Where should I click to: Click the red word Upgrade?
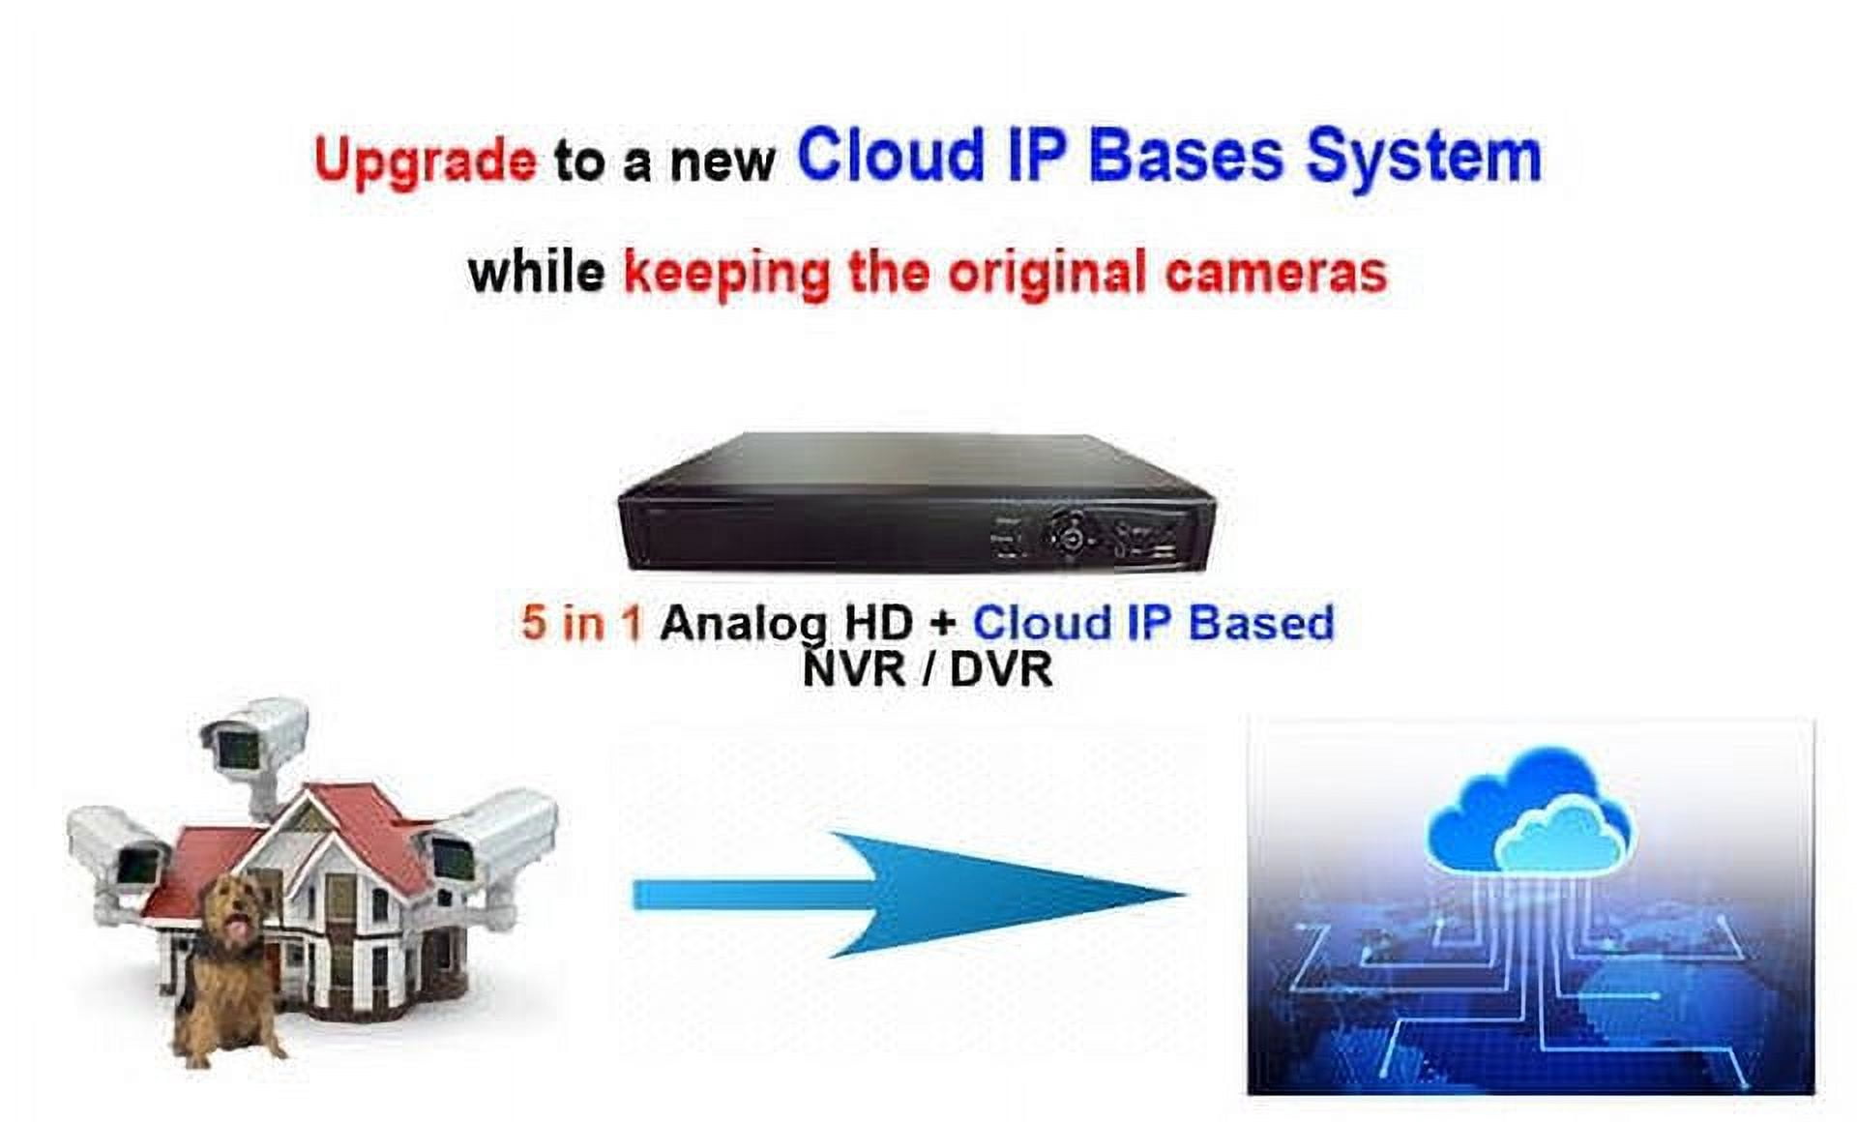click(x=425, y=161)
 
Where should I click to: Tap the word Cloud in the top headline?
click(x=891, y=155)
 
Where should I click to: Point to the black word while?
click(x=536, y=271)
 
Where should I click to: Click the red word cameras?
click(x=1276, y=273)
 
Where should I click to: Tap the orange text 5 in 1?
click(x=581, y=622)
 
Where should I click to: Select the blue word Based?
click(x=1261, y=622)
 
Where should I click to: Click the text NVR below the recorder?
click(x=854, y=668)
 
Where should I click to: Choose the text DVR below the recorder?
click(x=1001, y=668)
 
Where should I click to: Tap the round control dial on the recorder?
click(x=1069, y=533)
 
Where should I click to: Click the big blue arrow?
click(x=909, y=896)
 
